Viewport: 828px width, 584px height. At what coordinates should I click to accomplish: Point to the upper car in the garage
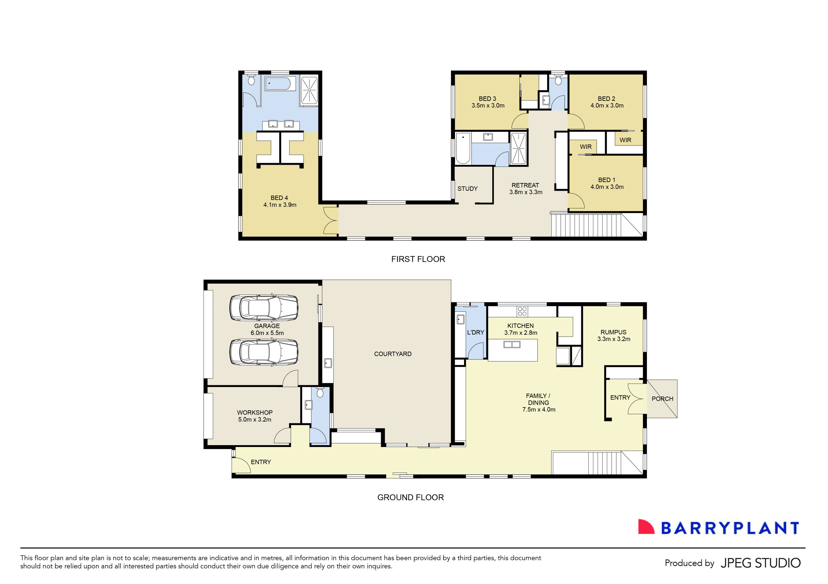[x=264, y=308]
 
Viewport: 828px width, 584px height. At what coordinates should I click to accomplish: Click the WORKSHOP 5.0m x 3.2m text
[x=255, y=416]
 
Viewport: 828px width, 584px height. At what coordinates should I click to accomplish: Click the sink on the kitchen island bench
[x=512, y=345]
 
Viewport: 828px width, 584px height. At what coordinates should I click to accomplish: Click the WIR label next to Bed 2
[x=625, y=140]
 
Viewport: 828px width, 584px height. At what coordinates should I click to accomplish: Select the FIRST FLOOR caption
[x=418, y=259]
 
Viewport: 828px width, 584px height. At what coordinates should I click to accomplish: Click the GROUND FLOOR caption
[x=410, y=497]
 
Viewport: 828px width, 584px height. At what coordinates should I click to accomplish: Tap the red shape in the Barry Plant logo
[x=646, y=527]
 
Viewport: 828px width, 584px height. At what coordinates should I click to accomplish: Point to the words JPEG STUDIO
[x=760, y=563]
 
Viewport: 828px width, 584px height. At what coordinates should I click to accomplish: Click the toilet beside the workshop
[x=320, y=392]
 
